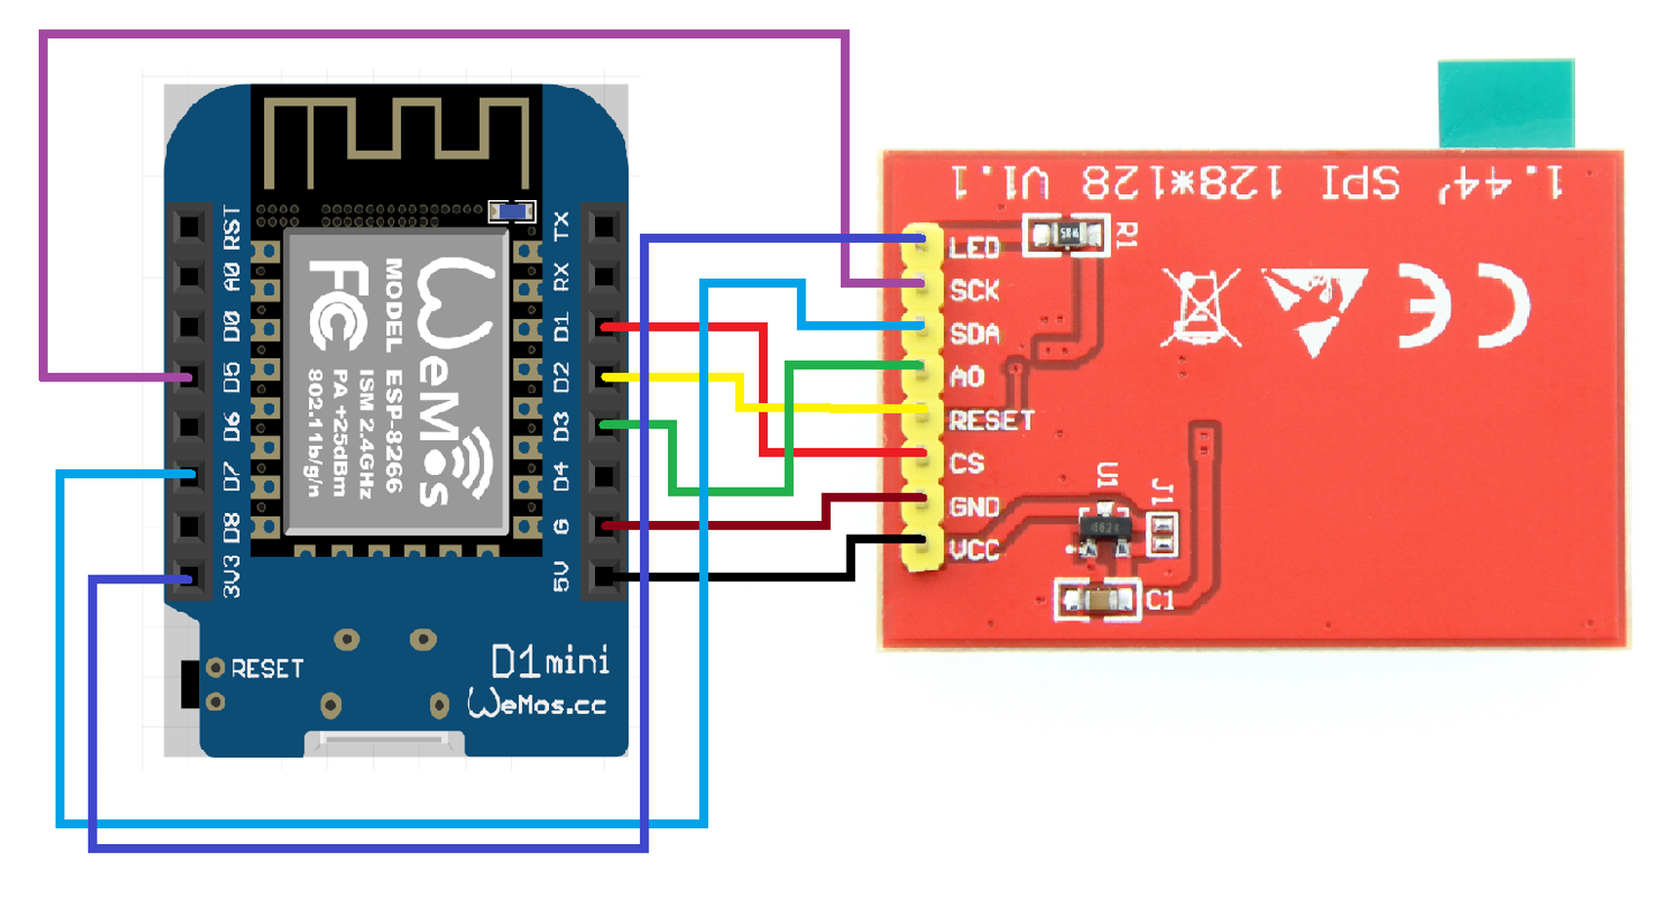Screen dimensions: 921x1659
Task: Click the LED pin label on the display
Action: point(974,248)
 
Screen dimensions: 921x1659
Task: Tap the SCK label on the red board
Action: point(974,291)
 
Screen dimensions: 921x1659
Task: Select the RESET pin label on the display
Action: point(991,420)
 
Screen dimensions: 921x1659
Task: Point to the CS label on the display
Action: point(967,463)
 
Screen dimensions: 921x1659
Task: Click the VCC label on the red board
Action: point(974,550)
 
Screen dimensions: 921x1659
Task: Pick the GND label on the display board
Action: point(974,507)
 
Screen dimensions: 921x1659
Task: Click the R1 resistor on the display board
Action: point(1067,235)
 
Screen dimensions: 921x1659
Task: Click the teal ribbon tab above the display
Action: point(1506,102)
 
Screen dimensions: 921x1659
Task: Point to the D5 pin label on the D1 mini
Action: point(231,377)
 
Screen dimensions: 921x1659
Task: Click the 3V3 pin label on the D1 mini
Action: point(231,576)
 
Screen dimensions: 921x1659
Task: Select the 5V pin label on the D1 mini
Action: point(561,576)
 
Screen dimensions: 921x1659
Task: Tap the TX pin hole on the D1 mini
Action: point(604,227)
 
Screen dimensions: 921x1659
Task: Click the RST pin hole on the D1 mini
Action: point(188,227)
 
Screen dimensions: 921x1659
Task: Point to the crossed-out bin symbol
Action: point(1201,307)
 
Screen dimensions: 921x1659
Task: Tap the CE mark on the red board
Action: point(1463,306)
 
